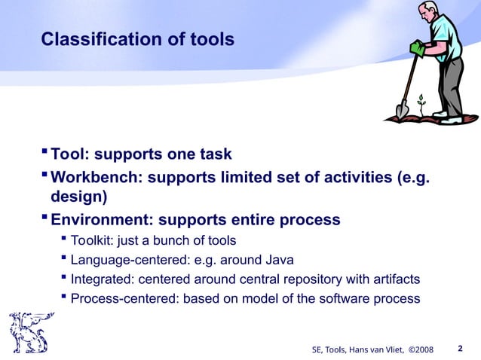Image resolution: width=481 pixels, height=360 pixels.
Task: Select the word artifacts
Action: click(394, 279)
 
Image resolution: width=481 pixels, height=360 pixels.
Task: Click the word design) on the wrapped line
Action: click(78, 197)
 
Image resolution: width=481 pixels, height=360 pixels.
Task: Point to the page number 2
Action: click(460, 348)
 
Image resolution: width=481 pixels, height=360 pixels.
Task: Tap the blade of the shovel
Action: click(402, 109)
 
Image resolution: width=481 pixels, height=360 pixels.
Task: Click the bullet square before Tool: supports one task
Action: click(44, 154)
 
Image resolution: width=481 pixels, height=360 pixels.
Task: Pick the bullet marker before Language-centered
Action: click(63, 260)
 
